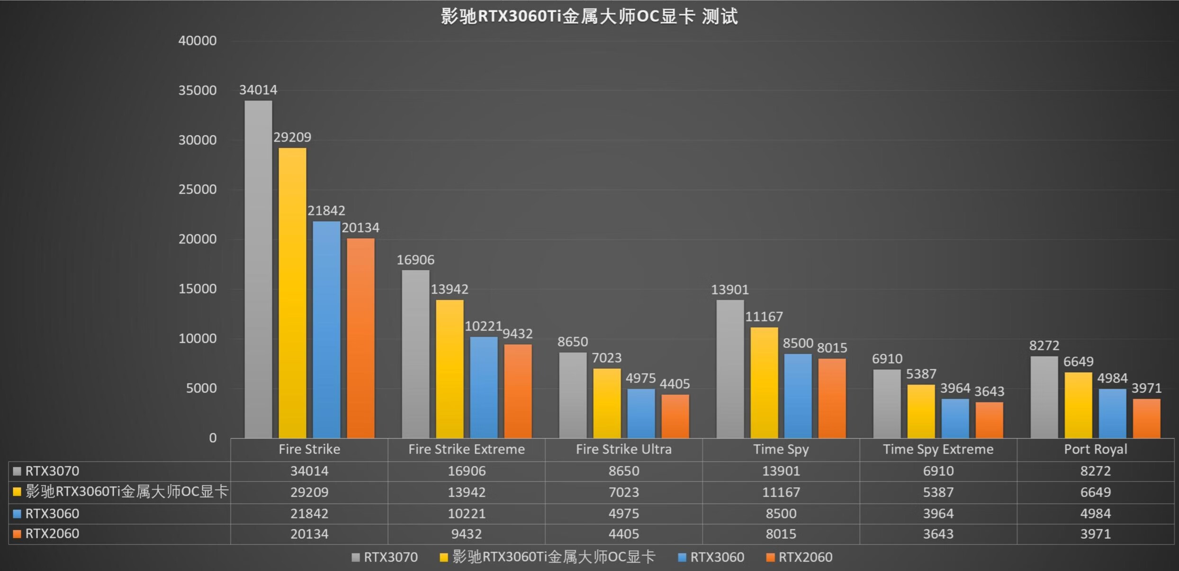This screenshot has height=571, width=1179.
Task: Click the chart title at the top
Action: tap(589, 17)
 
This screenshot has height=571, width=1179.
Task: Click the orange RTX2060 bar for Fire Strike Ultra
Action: tap(675, 416)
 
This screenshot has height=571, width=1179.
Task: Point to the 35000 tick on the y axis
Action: tap(197, 90)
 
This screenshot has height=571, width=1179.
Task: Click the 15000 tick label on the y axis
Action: tap(197, 289)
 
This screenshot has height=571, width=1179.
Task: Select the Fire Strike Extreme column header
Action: tap(467, 449)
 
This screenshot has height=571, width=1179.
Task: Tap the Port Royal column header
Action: tap(1095, 449)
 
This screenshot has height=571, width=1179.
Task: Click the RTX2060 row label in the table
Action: tap(52, 534)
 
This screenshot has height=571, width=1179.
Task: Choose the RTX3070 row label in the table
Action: tap(52, 471)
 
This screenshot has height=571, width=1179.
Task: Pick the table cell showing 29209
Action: tap(309, 492)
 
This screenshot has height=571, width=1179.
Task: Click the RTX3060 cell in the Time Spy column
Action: tap(781, 514)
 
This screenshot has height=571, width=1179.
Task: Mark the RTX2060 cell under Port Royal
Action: tap(1095, 534)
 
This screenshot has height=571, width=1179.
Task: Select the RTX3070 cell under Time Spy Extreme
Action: tap(938, 471)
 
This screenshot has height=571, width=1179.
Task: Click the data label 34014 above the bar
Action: tap(258, 90)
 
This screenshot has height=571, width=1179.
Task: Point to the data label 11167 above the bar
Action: tap(764, 317)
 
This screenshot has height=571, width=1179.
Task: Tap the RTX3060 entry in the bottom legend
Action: tap(717, 557)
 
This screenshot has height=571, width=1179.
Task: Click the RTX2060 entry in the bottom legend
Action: tap(805, 557)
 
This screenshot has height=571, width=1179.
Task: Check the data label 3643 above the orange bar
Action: tap(989, 392)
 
